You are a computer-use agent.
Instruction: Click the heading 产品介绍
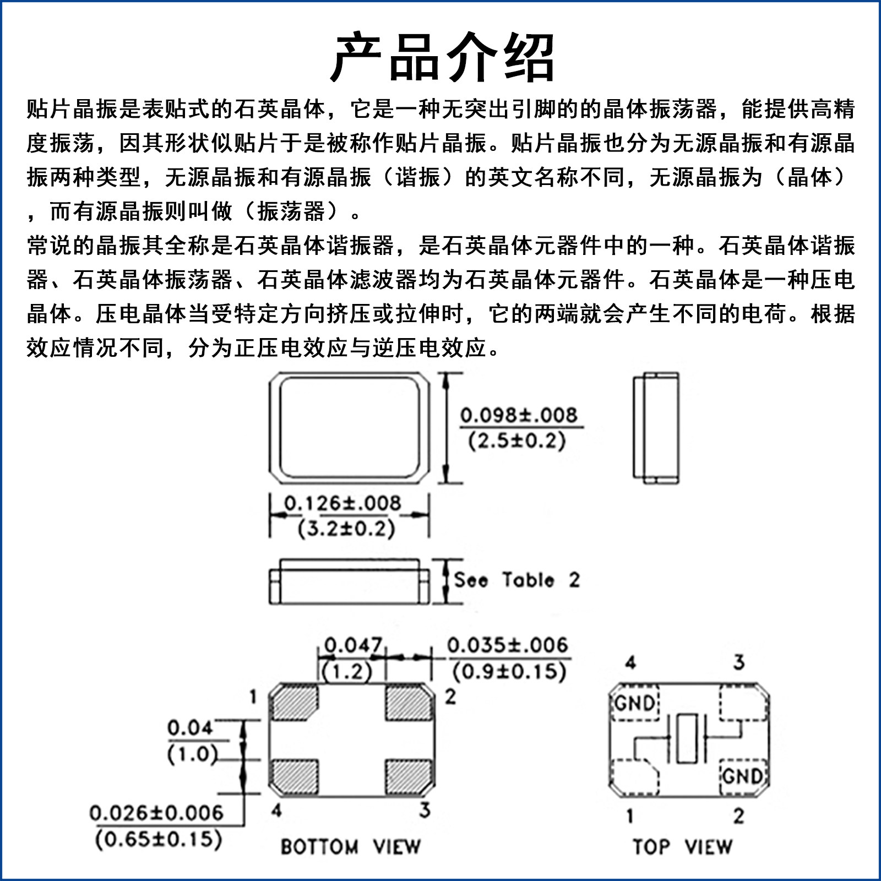(x=443, y=57)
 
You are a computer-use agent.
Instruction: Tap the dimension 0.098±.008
(x=519, y=415)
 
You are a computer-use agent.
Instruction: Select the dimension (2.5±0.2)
(x=517, y=441)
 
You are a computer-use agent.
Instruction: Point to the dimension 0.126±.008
(x=342, y=503)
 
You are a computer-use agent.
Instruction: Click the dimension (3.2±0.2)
(x=346, y=529)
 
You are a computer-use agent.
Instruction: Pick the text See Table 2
(x=516, y=580)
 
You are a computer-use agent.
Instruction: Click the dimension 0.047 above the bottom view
(x=353, y=645)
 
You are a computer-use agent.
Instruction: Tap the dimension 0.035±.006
(x=507, y=645)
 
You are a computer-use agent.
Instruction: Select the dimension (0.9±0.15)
(x=509, y=672)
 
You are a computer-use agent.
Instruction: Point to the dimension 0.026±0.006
(x=156, y=813)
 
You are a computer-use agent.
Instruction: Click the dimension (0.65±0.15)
(x=159, y=839)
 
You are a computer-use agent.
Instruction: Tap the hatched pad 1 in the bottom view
(x=294, y=703)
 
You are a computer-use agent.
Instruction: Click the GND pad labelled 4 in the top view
(x=634, y=703)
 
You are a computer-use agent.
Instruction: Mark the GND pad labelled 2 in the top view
(x=743, y=776)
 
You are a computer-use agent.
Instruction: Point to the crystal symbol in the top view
(x=687, y=739)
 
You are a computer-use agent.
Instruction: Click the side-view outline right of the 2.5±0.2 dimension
(x=655, y=428)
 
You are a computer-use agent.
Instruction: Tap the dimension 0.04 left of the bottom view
(x=190, y=728)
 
